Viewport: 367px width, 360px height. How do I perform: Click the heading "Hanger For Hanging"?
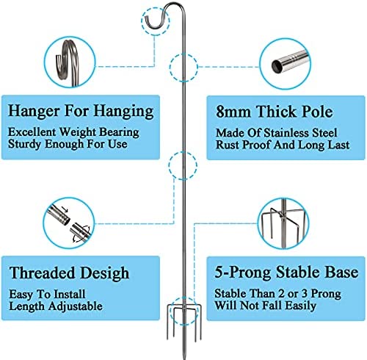coord(81,111)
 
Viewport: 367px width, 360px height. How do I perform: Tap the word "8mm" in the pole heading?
coord(233,112)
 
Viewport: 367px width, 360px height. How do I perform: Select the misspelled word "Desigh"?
coord(105,273)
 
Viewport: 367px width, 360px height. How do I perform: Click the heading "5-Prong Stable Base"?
coord(286,272)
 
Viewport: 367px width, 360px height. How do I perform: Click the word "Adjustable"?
coord(76,306)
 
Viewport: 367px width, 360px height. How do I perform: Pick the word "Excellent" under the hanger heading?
coord(32,132)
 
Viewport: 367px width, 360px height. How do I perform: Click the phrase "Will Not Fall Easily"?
coord(265,306)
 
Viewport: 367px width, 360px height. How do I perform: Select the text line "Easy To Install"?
coord(47,294)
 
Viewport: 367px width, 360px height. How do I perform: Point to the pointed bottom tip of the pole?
coord(184,358)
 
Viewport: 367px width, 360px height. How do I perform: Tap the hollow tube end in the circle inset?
coord(277,65)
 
